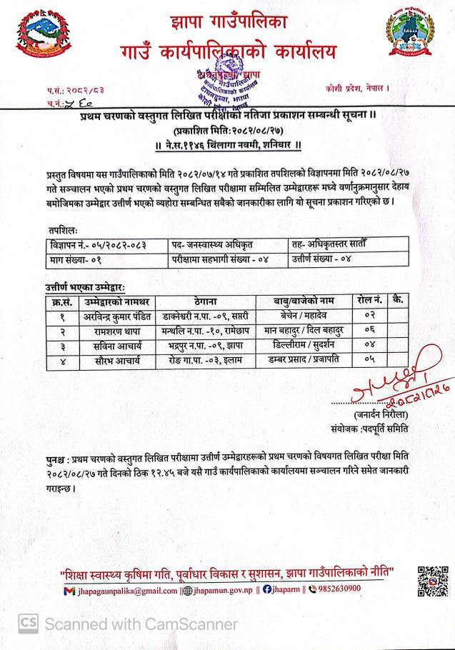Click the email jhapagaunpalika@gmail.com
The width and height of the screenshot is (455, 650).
pyautogui.click(x=128, y=590)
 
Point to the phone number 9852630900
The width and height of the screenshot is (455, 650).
pyautogui.click(x=336, y=589)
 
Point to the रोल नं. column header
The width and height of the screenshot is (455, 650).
pyautogui.click(x=371, y=300)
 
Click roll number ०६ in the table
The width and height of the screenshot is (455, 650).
pyautogui.click(x=370, y=331)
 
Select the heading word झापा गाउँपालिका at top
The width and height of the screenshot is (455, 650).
pyautogui.click(x=219, y=22)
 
